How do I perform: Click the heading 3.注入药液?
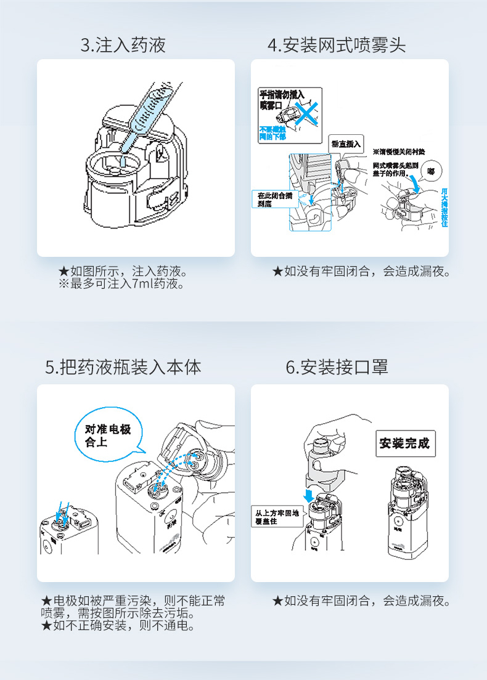(123, 45)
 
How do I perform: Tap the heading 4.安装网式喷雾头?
(337, 45)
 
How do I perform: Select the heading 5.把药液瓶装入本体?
(123, 368)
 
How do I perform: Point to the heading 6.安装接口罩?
(337, 368)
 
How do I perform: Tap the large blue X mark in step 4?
(306, 111)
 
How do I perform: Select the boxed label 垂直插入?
(347, 143)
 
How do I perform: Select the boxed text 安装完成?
(404, 443)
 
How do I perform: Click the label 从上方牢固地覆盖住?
(277, 516)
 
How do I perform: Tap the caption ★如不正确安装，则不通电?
(117, 626)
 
